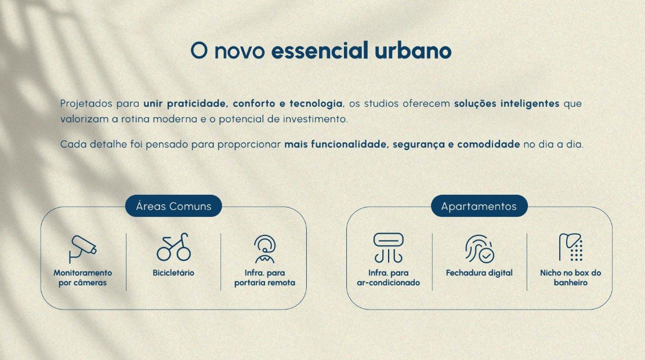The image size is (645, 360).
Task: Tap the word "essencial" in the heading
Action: click(x=320, y=51)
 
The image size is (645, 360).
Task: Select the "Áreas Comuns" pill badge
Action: click(x=173, y=206)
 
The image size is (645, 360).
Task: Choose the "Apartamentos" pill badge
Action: click(x=479, y=206)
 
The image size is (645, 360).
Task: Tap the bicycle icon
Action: click(x=173, y=247)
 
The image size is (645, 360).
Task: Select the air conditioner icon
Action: click(x=388, y=248)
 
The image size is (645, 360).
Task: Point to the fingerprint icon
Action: click(x=479, y=249)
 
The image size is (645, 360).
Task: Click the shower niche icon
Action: click(x=571, y=248)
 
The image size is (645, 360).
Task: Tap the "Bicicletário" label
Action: click(x=173, y=273)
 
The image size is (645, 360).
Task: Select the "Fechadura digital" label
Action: click(x=479, y=273)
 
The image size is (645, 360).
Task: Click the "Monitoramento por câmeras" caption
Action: click(x=83, y=278)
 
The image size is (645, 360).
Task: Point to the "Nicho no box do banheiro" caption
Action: click(x=571, y=278)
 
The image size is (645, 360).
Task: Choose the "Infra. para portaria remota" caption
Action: click(x=264, y=278)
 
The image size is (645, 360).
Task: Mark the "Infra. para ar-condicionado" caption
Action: click(x=388, y=278)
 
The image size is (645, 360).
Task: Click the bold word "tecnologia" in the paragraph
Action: click(x=316, y=104)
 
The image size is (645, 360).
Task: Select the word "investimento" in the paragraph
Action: click(x=315, y=119)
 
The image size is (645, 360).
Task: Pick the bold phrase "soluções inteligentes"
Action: click(x=506, y=104)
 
